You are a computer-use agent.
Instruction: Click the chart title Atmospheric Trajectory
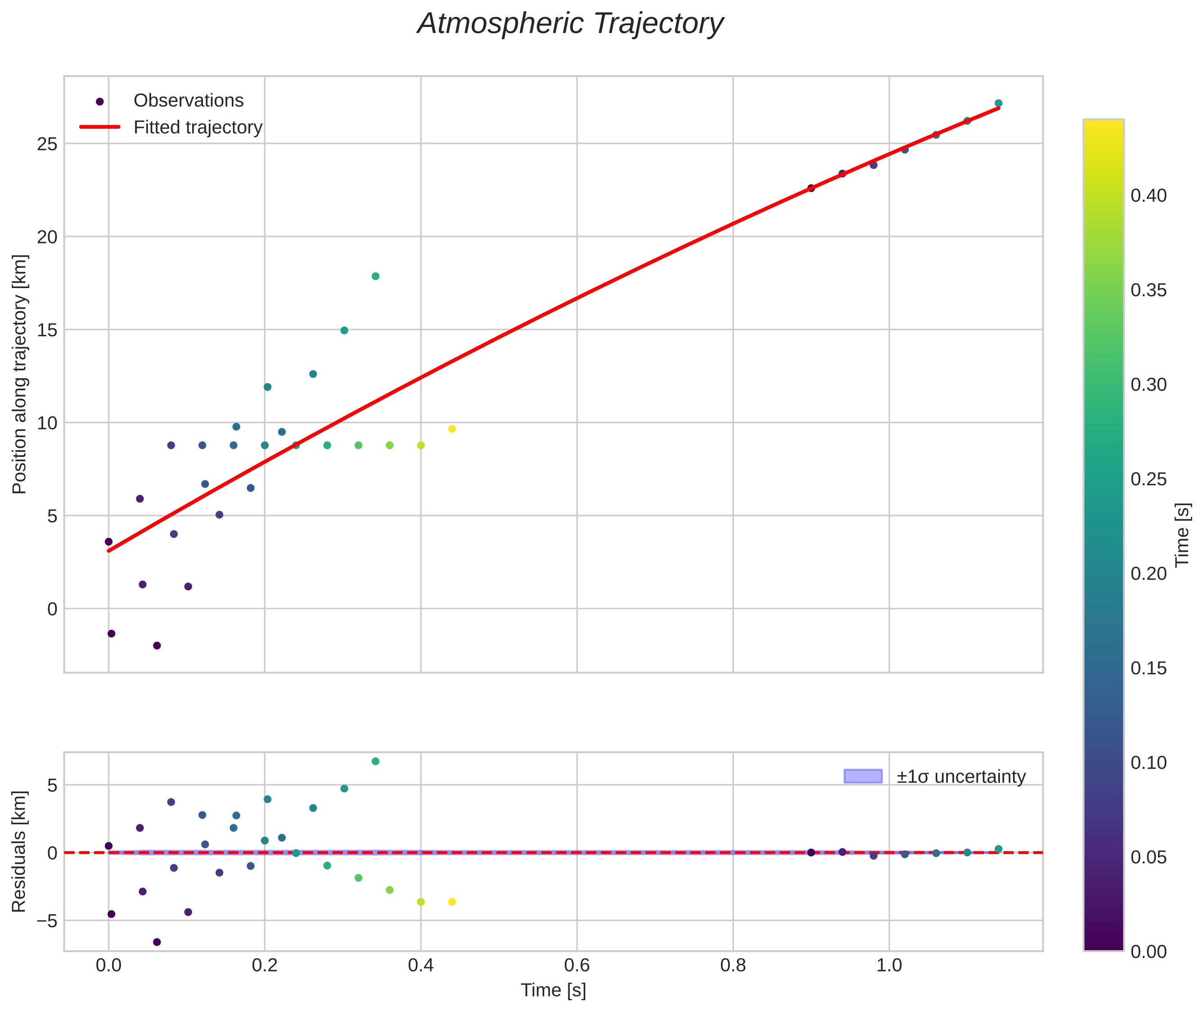click(x=570, y=24)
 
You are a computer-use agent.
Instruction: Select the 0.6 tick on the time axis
click(x=577, y=965)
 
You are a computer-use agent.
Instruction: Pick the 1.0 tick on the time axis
click(x=889, y=965)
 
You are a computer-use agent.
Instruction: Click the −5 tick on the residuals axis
click(x=44, y=921)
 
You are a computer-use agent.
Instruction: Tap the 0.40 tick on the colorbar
click(x=1149, y=196)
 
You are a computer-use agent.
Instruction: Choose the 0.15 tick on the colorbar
click(x=1149, y=668)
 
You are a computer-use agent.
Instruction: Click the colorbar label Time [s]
click(x=1183, y=535)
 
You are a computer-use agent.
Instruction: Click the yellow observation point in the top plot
click(x=451, y=429)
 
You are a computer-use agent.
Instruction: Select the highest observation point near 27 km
click(x=998, y=103)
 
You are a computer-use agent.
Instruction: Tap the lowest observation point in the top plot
click(x=157, y=645)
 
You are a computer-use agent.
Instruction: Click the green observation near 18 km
click(x=375, y=276)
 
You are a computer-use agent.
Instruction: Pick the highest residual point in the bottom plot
click(x=375, y=761)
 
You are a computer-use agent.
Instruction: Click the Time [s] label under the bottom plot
click(x=553, y=990)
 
